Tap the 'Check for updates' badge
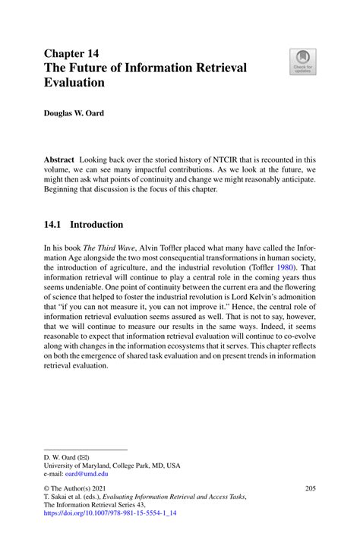point(304,62)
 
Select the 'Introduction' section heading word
point(96,225)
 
